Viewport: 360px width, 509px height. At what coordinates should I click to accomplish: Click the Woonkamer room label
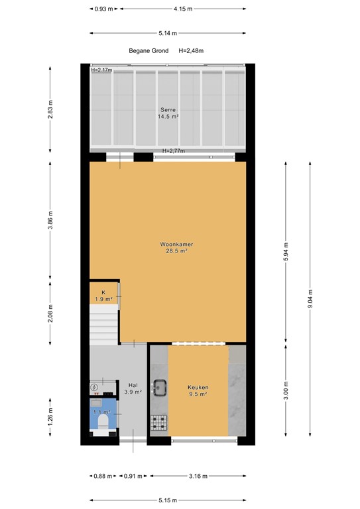pyautogui.click(x=176, y=247)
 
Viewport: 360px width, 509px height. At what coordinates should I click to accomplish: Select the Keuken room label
pyautogui.click(x=198, y=390)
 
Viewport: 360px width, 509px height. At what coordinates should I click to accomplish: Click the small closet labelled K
pyautogui.click(x=103, y=296)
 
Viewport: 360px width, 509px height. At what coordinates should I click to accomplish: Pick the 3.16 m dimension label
pyautogui.click(x=198, y=476)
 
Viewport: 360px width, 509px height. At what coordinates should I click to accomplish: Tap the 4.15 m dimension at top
pyautogui.click(x=183, y=9)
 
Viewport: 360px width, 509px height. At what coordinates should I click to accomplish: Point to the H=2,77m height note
pyautogui.click(x=174, y=151)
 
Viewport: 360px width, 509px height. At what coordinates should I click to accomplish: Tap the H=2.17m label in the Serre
pyautogui.click(x=101, y=70)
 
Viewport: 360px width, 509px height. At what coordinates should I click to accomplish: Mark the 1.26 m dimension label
pyautogui.click(x=51, y=421)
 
